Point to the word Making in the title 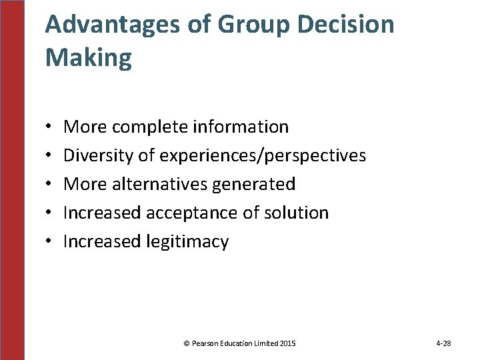click(x=89, y=59)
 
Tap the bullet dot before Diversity click(x=51, y=156)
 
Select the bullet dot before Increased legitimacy click(x=51, y=242)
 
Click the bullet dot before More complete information click(x=51, y=127)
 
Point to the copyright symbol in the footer click(x=186, y=343)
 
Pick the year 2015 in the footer click(x=288, y=343)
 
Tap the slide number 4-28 click(x=443, y=343)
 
